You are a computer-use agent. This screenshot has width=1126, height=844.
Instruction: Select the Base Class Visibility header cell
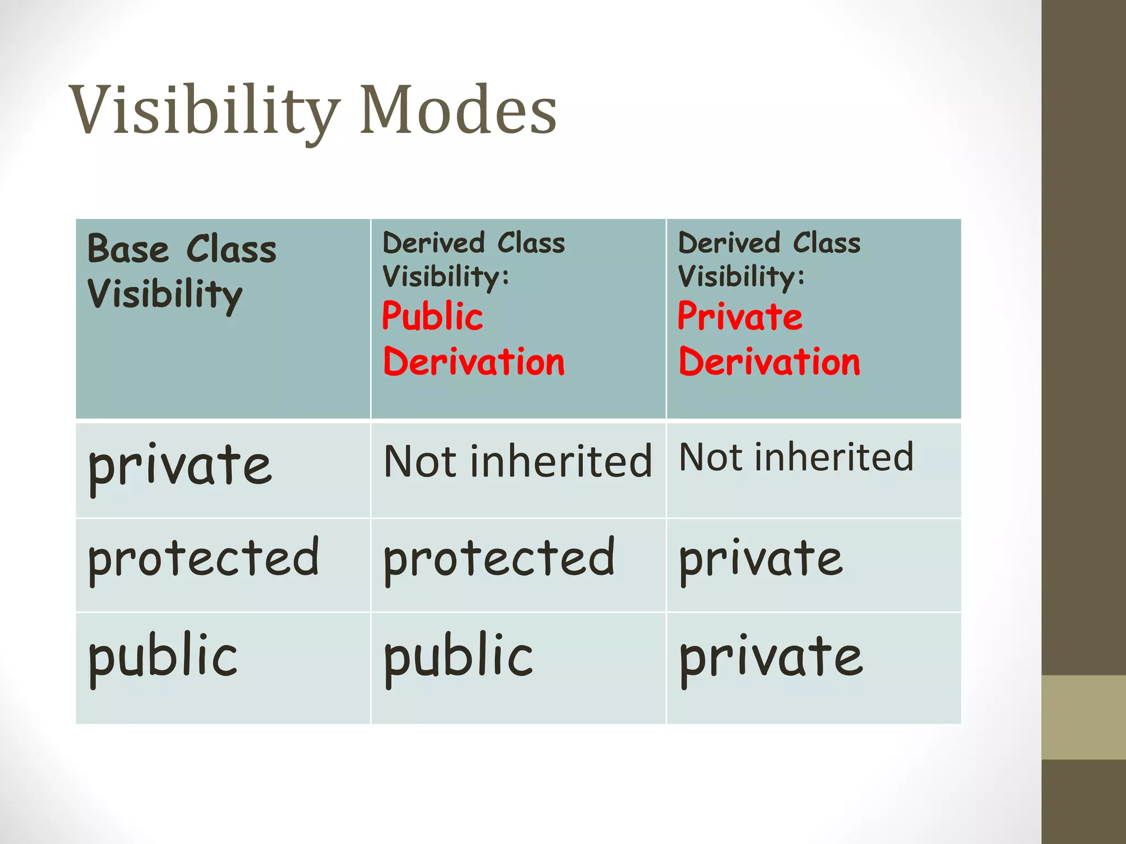[223, 319]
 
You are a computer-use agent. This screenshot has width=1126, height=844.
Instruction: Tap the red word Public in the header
[432, 316]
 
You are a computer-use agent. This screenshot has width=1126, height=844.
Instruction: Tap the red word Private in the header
[739, 316]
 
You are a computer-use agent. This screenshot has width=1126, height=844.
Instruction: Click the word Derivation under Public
[474, 363]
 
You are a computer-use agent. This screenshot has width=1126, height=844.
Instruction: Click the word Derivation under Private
[769, 363]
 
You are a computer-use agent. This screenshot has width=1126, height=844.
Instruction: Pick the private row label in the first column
[180, 467]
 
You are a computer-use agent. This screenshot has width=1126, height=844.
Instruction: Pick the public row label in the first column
[163, 657]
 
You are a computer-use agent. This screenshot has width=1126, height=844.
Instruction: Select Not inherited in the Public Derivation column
[517, 461]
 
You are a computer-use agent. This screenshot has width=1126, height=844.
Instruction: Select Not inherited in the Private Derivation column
[796, 457]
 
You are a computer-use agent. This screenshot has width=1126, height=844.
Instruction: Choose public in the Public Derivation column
[458, 657]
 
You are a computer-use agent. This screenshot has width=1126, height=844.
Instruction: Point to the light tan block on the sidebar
[1083, 717]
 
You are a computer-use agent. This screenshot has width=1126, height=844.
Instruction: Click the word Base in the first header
[128, 249]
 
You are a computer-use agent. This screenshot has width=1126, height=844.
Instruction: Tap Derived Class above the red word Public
[473, 243]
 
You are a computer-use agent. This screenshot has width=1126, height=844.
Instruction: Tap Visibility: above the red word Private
[741, 276]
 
